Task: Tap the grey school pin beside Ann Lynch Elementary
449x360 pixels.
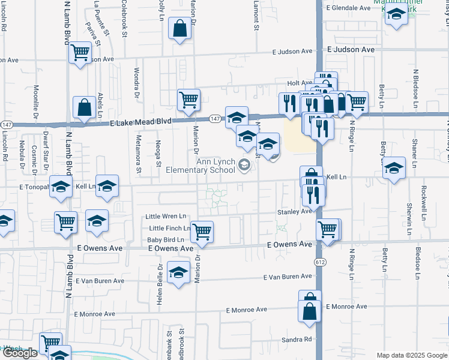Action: pyautogui.click(x=244, y=165)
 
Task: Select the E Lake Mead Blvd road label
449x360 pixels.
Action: pyautogui.click(x=142, y=121)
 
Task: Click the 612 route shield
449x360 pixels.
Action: pyautogui.click(x=318, y=263)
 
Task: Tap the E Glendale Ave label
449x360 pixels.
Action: pyautogui.click(x=349, y=8)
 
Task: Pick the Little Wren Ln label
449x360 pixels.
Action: pyautogui.click(x=166, y=216)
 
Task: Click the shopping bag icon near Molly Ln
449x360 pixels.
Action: pyautogui.click(x=180, y=28)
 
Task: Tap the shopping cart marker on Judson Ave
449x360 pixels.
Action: pyautogui.click(x=80, y=52)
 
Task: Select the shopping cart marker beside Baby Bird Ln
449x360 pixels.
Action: pyautogui.click(x=202, y=230)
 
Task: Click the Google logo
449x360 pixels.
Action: pyautogui.click(x=20, y=353)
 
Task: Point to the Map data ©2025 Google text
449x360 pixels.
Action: pyautogui.click(x=412, y=355)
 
